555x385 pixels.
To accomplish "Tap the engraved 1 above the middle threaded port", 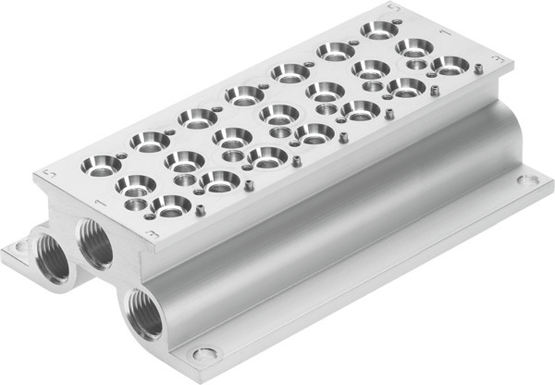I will (96, 200).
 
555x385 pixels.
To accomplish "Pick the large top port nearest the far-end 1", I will (413, 46).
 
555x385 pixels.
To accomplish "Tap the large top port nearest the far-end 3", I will (450, 65).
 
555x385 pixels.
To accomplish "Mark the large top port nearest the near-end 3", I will (170, 205).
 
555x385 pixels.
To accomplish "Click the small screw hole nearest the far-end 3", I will (477, 68).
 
